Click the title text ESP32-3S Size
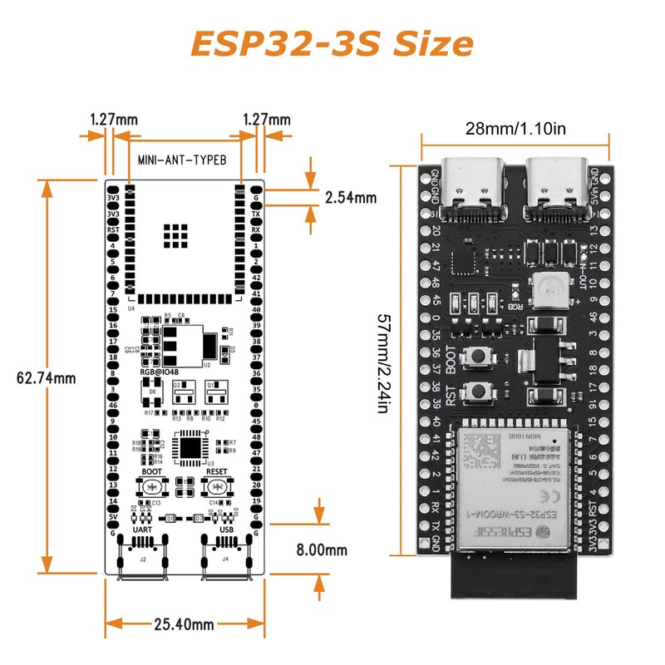332,42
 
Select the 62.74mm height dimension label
47,377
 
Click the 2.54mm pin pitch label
350,198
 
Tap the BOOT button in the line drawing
152,488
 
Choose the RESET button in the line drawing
217,488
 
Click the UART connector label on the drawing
142,529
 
